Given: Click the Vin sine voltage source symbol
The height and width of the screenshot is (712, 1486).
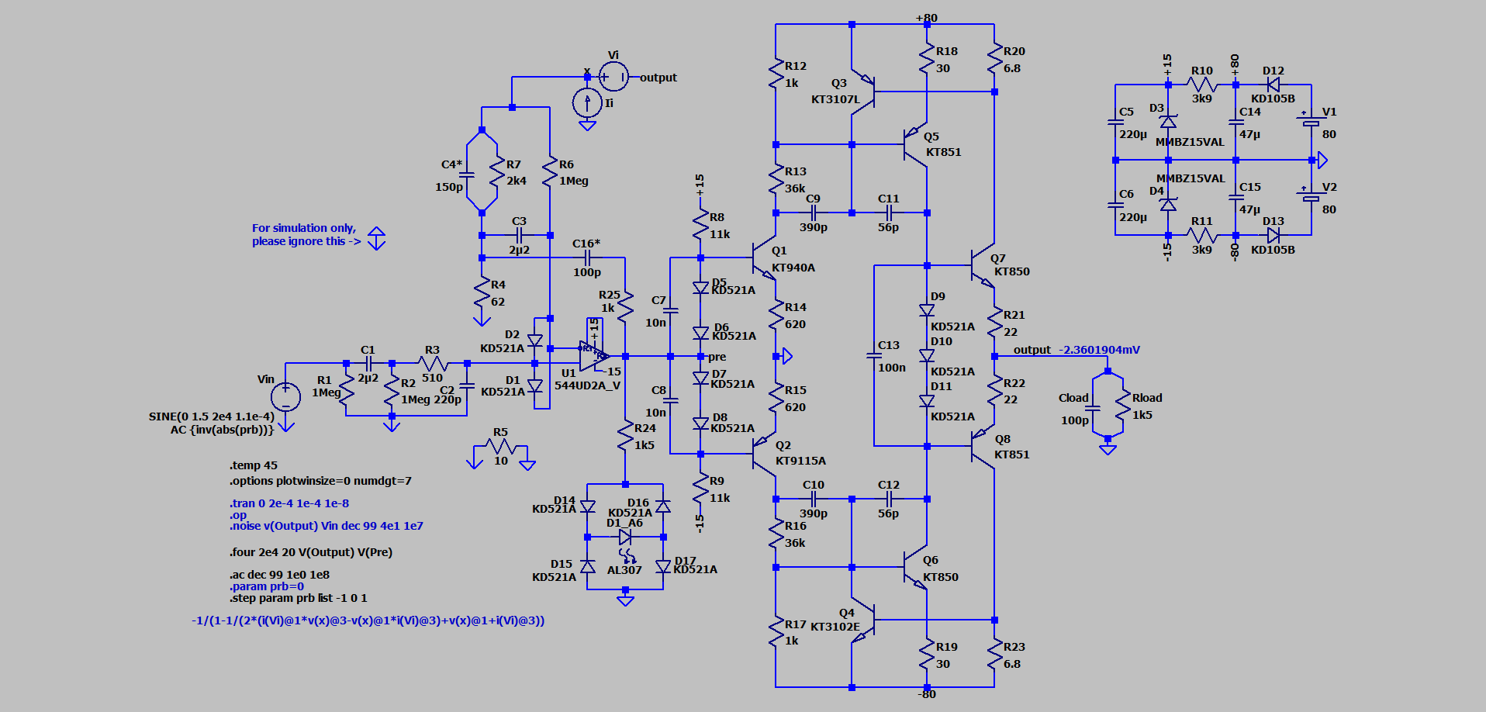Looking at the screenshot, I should coord(285,396).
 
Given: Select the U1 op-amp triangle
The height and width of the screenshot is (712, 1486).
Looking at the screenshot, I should coord(593,356).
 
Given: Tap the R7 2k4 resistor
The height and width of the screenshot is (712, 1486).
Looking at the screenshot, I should coord(497,172).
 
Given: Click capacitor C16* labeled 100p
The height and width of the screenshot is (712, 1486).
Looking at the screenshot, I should coord(587,257).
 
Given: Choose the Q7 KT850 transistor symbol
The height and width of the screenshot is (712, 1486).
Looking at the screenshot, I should coord(982,266).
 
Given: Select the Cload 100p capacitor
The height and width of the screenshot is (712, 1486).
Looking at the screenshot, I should coord(1093,406).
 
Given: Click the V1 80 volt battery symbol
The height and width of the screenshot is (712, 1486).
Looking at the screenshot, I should coord(1311,123).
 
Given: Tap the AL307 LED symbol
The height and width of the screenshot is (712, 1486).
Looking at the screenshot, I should coord(625,537).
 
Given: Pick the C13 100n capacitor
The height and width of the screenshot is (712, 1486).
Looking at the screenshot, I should coord(874,356).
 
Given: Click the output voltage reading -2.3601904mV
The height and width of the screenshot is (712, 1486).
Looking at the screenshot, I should coord(1099,350).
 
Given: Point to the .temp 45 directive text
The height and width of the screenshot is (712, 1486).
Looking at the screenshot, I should coord(254,465).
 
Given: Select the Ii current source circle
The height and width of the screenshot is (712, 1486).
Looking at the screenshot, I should coord(587,102).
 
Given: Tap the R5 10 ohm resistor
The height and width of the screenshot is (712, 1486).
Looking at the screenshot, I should coord(501,446).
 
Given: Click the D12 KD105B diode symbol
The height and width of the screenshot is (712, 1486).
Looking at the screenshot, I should coord(1273,85).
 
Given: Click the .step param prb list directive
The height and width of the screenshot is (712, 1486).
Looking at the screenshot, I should coord(299,598).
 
